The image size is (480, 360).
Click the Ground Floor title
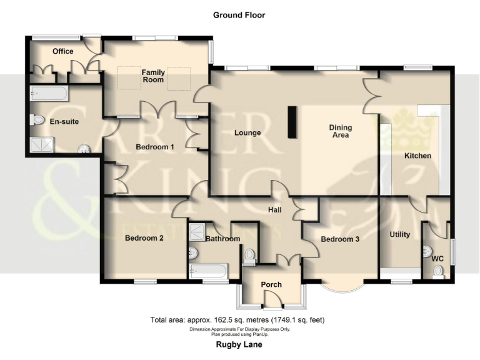point(239,15)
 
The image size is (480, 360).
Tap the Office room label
point(63,51)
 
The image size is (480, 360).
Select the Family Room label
point(152,76)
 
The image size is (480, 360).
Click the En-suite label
point(64,122)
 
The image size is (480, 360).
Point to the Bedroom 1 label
point(155,147)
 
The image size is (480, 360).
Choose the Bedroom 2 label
point(144,237)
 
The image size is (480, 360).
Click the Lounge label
point(247,133)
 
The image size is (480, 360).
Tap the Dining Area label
point(341,132)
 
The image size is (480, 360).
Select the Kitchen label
point(417,156)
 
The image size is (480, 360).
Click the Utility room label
point(400,234)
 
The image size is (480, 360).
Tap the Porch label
point(271,285)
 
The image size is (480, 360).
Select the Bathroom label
point(222,239)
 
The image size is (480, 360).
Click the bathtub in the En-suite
point(47,94)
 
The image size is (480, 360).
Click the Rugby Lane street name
point(239,344)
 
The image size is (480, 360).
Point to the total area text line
point(237,320)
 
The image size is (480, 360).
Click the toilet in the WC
point(438,271)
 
